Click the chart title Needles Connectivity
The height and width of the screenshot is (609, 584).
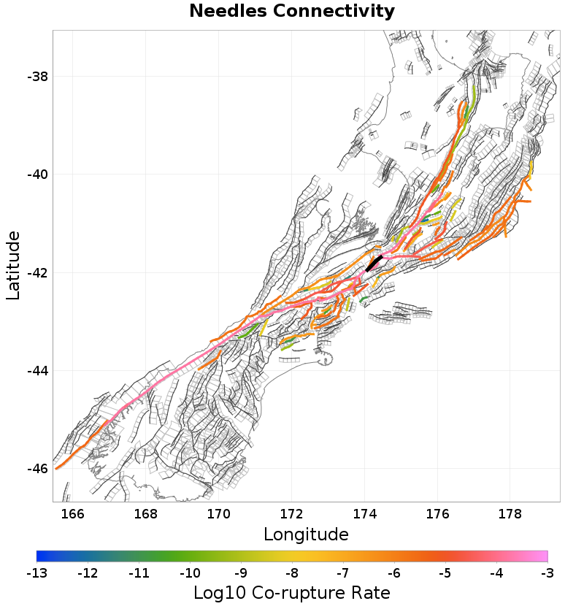292,12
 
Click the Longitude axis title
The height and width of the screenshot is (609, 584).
306,534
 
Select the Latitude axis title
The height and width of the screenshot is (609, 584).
13,265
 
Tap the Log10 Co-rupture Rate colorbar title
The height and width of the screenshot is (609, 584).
292,592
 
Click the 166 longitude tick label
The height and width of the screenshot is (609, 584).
73,513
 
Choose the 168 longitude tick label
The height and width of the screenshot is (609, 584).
146,513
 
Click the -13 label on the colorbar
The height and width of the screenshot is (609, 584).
36,573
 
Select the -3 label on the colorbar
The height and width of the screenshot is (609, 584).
547,573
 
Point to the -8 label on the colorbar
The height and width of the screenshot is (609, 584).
292,573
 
